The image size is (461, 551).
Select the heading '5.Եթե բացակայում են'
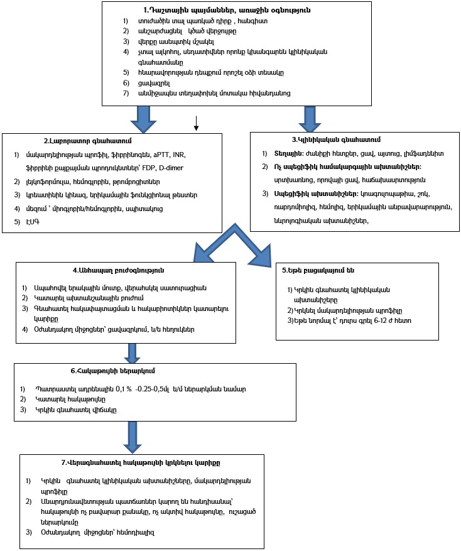click(318, 270)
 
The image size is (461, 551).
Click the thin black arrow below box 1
click(196, 124)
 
